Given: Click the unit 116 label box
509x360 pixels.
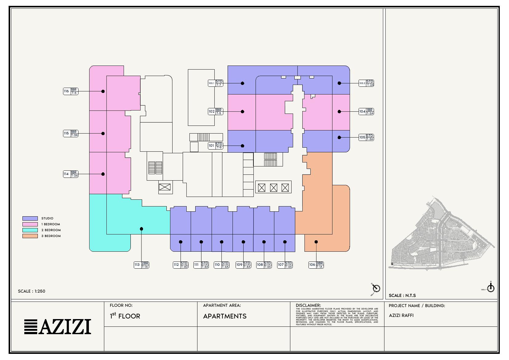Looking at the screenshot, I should coord(70,91).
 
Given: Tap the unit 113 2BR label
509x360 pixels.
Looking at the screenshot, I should coord(141,265).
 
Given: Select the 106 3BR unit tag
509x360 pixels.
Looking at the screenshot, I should coord(316,265).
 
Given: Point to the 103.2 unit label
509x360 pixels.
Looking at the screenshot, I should coord(366,83).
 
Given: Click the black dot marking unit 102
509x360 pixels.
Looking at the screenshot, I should coord(242,112).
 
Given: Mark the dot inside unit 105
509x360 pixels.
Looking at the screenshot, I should coord(339,138).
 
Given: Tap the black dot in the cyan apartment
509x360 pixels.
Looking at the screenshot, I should coord(141,229).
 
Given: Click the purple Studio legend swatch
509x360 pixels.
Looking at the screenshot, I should coord(30,218).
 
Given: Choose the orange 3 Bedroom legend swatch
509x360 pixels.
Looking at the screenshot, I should coord(30,236).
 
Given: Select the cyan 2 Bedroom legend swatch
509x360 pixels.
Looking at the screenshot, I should coord(30,230).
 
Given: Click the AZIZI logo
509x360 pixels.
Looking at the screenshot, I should coord(58,326).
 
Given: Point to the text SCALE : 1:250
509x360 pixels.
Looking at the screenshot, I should coord(32,291).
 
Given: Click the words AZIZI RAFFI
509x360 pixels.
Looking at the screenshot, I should coord(401,315).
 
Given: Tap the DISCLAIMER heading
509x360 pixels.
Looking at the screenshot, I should coord(308,306).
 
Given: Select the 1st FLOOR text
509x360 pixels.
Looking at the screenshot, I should coord(125,316).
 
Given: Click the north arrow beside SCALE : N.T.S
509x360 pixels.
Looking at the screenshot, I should coord(491,288).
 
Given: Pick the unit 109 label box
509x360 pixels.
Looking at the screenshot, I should coord(243,265).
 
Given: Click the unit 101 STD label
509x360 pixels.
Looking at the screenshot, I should coord(215,146).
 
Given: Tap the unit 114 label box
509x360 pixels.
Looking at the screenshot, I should coord(70,174).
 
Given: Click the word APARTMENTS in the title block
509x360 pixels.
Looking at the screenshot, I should coord(225,316).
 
